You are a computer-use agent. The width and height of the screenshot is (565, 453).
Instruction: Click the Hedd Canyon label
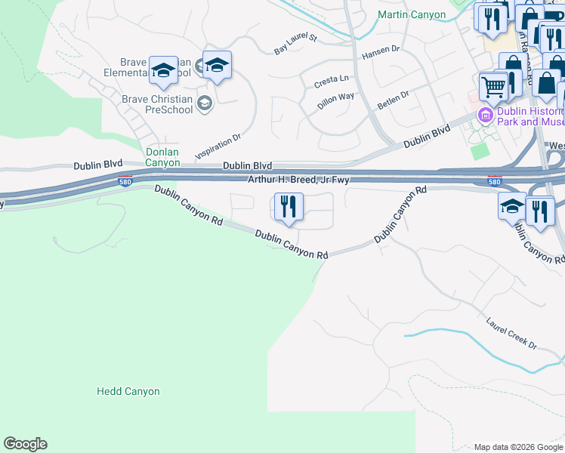pos(128,392)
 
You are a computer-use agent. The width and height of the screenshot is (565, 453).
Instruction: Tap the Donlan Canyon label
pos(162,157)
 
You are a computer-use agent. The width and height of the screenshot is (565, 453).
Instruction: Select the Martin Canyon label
pos(412,14)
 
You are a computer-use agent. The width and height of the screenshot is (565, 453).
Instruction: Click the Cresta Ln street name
pos(332,79)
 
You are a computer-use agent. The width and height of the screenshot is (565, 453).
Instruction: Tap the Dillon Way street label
pos(336,101)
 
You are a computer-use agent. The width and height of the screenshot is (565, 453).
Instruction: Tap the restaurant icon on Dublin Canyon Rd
pos(288,208)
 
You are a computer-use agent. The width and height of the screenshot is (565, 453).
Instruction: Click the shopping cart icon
pos(493,87)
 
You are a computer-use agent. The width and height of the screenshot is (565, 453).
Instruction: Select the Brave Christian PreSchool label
pos(157,103)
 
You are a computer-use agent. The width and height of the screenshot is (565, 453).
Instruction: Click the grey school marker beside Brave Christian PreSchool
pos(204,103)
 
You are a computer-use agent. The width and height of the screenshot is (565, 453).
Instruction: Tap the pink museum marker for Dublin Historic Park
pos(484,115)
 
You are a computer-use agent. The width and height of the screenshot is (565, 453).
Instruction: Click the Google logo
pos(25,444)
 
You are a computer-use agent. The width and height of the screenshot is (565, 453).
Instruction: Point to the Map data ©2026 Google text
pos(517,447)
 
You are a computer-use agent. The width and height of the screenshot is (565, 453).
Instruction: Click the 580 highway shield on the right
pos(494,181)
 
